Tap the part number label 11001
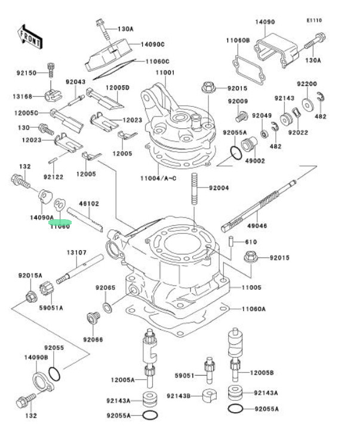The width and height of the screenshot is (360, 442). tap(165, 73)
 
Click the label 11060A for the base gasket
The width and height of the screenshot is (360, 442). tap(254, 309)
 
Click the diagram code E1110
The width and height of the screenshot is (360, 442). tap(314, 20)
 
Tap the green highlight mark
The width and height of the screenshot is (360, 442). tap(60, 220)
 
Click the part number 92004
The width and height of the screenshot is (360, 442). tap(219, 188)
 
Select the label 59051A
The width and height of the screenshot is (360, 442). tap(52, 307)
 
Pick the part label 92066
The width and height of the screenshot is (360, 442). tap(93, 339)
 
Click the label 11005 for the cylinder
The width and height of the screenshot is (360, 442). tap(251, 287)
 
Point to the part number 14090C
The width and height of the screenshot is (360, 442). tap(153, 44)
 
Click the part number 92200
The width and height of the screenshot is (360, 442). tap(308, 84)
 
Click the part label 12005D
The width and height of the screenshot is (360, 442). tap(118, 87)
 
